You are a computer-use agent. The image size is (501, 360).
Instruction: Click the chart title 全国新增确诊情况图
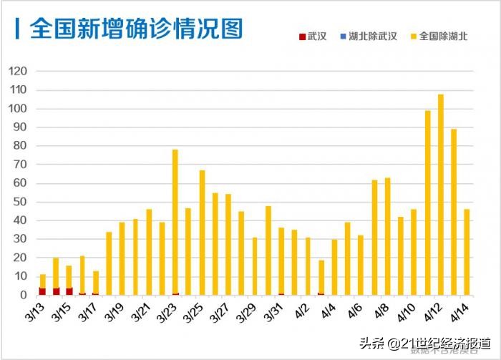[x=136, y=29]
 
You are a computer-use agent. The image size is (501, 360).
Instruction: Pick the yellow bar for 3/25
[x=202, y=233]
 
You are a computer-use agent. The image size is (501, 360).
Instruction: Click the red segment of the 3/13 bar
[x=42, y=291]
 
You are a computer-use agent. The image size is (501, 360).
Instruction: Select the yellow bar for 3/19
[x=122, y=258]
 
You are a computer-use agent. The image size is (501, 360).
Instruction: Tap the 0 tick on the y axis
[x=24, y=295]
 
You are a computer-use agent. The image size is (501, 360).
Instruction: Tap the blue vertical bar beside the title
[x=17, y=29]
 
